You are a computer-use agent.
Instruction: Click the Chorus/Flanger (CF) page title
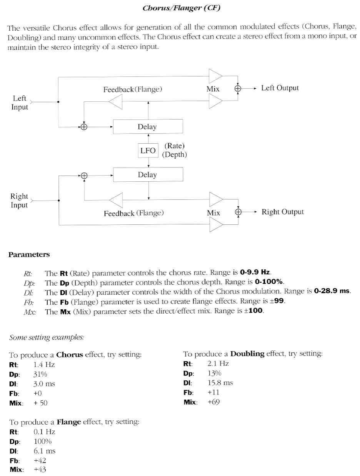pos(181,8)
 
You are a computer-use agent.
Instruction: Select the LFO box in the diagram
pos(148,151)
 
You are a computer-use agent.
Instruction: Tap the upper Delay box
pos(148,127)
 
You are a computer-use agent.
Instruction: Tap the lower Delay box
pos(148,175)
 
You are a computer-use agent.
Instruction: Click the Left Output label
pos(280,88)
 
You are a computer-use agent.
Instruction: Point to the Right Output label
pos(282,212)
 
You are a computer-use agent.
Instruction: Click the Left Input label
pos(19,103)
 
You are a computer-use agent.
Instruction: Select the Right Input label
pos(19,200)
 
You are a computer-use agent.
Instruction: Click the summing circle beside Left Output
pos(238,88)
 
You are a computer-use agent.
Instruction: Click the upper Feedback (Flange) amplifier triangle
pos(116,102)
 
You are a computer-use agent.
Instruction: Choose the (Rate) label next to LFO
pos(174,146)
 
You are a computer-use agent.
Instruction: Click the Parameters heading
pos(29,255)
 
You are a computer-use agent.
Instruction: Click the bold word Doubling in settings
pos(247,354)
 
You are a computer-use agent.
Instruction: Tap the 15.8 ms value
pos(220,383)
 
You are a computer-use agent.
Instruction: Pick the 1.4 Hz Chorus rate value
pos(44,365)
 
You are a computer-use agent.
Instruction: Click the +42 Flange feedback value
pos(40,460)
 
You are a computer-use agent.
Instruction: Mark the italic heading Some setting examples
pos(46,337)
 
